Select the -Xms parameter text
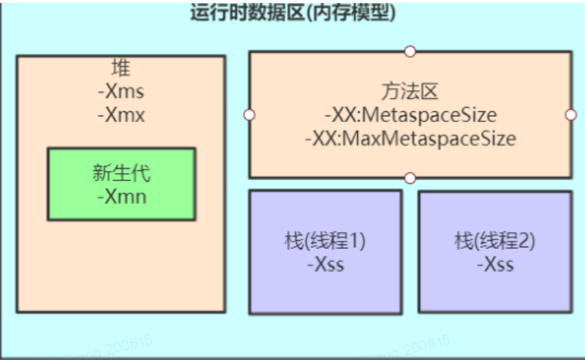(121, 92)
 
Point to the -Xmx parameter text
(121, 115)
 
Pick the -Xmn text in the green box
(121, 196)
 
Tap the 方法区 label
(410, 92)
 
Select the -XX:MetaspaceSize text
(410, 115)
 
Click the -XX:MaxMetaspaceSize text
(410, 138)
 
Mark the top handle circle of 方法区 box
(410, 52)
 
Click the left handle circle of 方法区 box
(249, 115)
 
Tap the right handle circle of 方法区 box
(570, 115)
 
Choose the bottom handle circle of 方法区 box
(410, 177)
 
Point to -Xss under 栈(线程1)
(325, 264)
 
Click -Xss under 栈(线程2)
(495, 264)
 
